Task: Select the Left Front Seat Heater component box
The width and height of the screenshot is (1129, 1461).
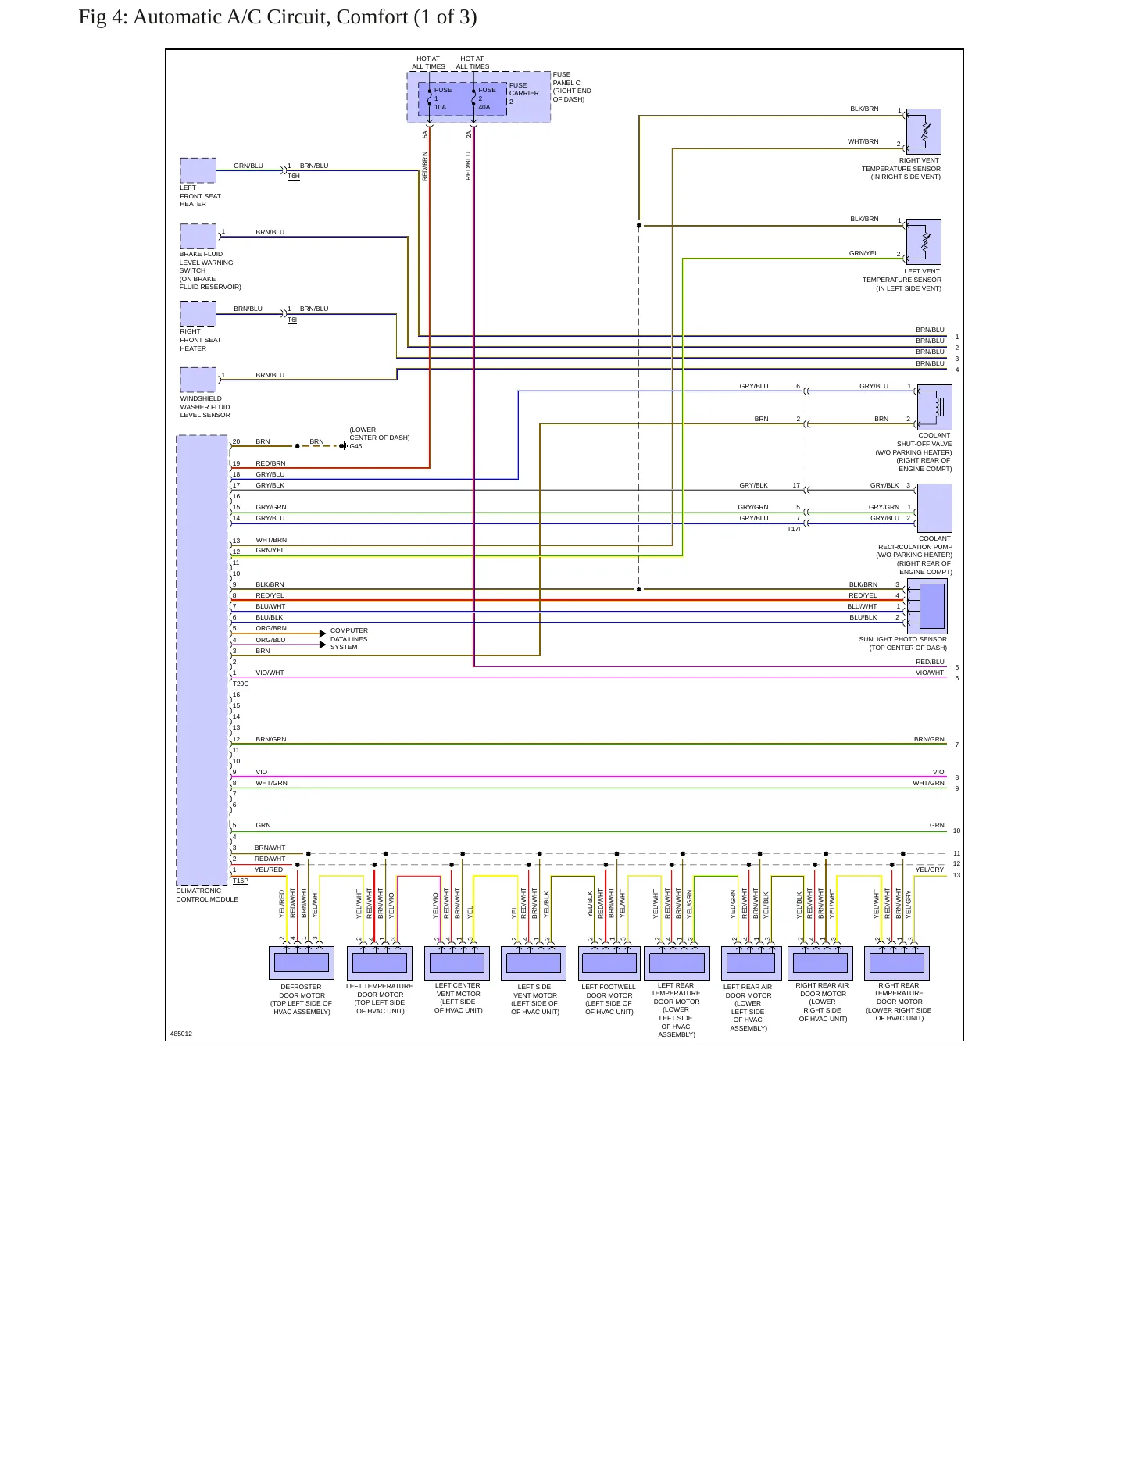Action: point(198,170)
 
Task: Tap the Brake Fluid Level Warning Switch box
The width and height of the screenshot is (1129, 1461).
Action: point(198,237)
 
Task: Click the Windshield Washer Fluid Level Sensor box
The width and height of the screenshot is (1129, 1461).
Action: point(198,380)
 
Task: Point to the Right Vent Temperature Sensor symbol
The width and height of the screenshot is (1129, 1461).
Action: point(924,131)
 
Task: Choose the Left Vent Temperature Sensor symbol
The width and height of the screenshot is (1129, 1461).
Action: point(924,242)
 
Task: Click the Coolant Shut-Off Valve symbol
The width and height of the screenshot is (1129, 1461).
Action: point(934,407)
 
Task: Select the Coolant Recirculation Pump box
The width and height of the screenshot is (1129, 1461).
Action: point(934,508)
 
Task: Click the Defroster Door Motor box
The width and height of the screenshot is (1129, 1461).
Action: point(302,963)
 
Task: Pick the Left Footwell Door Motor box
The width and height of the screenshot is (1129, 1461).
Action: point(609,963)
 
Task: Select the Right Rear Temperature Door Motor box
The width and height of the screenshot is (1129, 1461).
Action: point(897,963)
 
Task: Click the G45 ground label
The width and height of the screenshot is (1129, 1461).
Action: point(355,447)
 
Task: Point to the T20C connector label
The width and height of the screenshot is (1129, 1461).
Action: point(241,684)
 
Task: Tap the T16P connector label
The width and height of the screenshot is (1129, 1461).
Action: point(241,881)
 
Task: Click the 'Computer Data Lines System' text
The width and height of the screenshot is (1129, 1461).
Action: point(349,639)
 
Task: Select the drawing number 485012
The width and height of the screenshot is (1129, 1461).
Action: point(181,1034)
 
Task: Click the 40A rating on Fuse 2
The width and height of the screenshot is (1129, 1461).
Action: point(484,107)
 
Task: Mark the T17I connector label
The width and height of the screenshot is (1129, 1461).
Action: point(794,530)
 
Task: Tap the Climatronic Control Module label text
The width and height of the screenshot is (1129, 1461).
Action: point(207,895)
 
